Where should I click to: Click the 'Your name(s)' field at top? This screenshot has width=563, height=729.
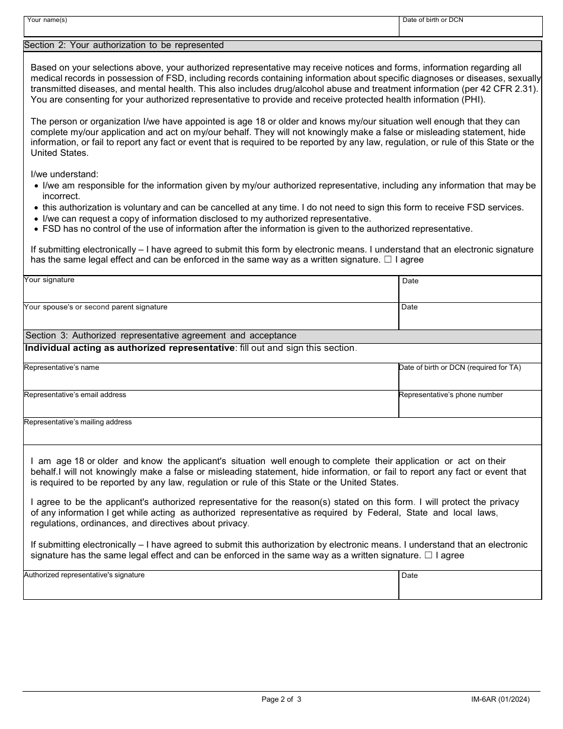click(211, 27)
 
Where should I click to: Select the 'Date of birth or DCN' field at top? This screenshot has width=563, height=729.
click(471, 27)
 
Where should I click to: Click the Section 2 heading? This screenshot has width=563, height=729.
click(124, 46)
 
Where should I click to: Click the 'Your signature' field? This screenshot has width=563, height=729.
click(210, 290)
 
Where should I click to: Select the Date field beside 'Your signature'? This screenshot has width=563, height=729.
click(470, 290)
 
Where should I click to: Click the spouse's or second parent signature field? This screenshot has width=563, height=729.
click(210, 317)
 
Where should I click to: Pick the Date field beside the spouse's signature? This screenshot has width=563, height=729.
click(470, 318)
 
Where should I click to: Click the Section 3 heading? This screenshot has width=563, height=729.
click(160, 336)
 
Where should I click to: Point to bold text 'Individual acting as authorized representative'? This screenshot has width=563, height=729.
click(130, 348)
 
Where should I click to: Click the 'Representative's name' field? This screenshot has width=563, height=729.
click(210, 378)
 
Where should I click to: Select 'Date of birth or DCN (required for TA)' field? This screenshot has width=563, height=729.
click(470, 378)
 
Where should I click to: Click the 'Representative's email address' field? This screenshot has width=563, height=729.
click(210, 405)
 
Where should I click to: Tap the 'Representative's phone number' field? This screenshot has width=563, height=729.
click(470, 405)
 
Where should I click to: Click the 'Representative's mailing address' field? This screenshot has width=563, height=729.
click(282, 433)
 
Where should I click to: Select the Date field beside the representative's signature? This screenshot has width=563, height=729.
click(470, 586)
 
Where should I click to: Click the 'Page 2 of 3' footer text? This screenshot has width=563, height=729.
click(281, 699)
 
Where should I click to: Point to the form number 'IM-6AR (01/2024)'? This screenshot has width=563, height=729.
click(496, 699)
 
